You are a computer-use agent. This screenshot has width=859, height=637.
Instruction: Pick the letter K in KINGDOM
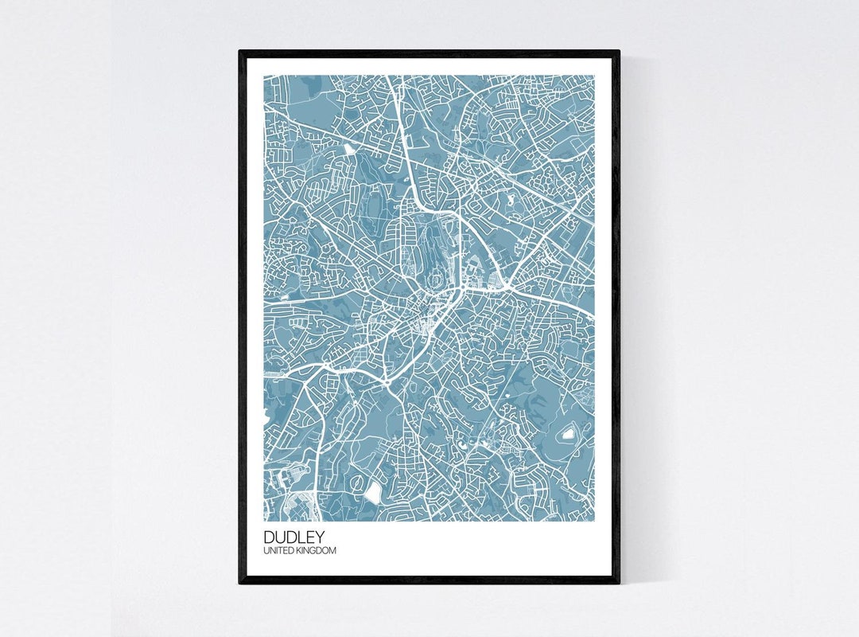click(301, 550)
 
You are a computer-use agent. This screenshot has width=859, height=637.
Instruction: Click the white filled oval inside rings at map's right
click(568, 434)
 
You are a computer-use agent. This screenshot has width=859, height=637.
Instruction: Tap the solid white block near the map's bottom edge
click(373, 494)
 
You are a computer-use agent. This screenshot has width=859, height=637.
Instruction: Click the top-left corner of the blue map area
click(264, 76)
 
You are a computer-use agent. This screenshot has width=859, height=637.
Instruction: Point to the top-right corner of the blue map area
click(594, 76)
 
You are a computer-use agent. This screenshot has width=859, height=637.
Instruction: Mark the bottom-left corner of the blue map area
click(264, 522)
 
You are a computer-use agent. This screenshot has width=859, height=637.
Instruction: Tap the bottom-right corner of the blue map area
click(594, 522)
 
